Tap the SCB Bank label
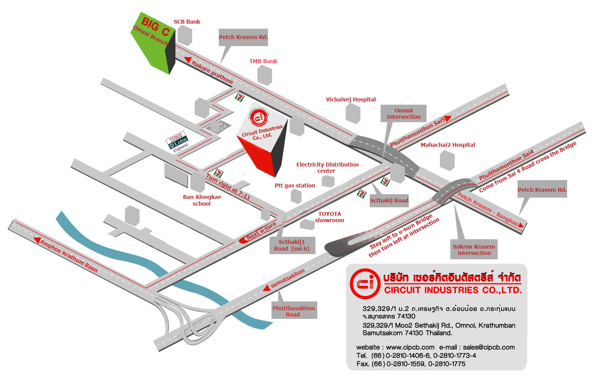187,22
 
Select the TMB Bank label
263,61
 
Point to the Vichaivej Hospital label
350,99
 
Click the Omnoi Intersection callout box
403,114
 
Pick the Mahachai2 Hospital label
448,145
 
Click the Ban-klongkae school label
202,200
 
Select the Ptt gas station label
295,186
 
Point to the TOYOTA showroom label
330,217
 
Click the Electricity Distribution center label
327,167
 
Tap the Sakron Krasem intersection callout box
474,249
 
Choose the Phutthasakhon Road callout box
294,311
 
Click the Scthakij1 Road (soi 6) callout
292,245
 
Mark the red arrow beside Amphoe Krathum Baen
37,240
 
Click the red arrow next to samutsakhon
267,289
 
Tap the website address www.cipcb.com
410,347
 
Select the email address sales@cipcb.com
489,347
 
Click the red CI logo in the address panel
365,283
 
